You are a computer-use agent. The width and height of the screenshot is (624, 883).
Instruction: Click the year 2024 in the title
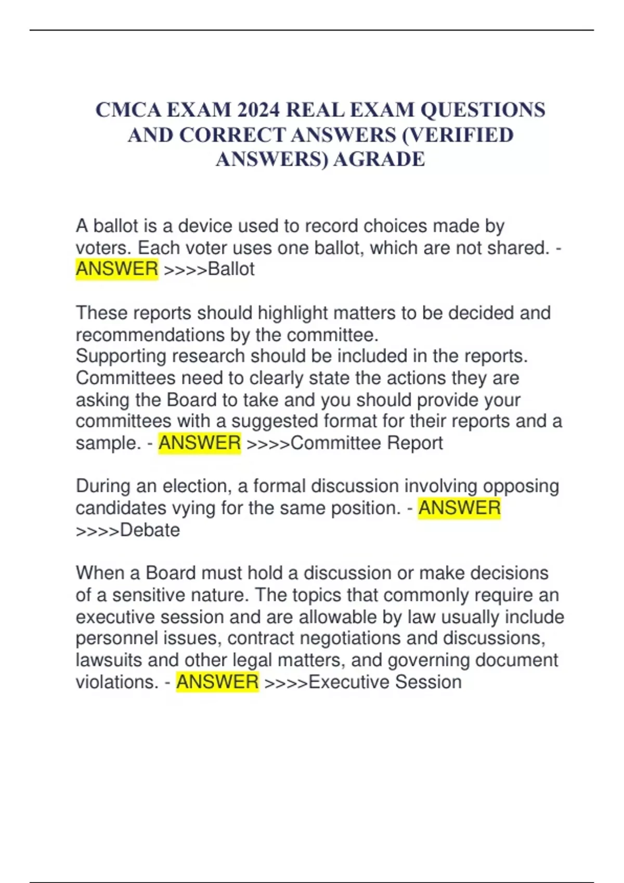[x=258, y=110]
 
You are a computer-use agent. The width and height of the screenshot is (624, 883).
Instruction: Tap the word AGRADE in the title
[x=379, y=159]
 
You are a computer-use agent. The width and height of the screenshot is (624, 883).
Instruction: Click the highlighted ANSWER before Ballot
[x=117, y=269]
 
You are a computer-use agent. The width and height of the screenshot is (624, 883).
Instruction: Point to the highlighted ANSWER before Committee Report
[x=200, y=443]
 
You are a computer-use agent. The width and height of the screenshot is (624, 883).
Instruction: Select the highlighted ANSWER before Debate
[x=459, y=508]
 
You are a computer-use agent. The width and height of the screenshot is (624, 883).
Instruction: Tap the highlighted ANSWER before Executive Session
[x=217, y=682]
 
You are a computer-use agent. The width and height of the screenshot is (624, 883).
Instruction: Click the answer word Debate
[x=150, y=530]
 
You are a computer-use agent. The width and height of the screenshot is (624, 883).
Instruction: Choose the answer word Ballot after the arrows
[x=231, y=269]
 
